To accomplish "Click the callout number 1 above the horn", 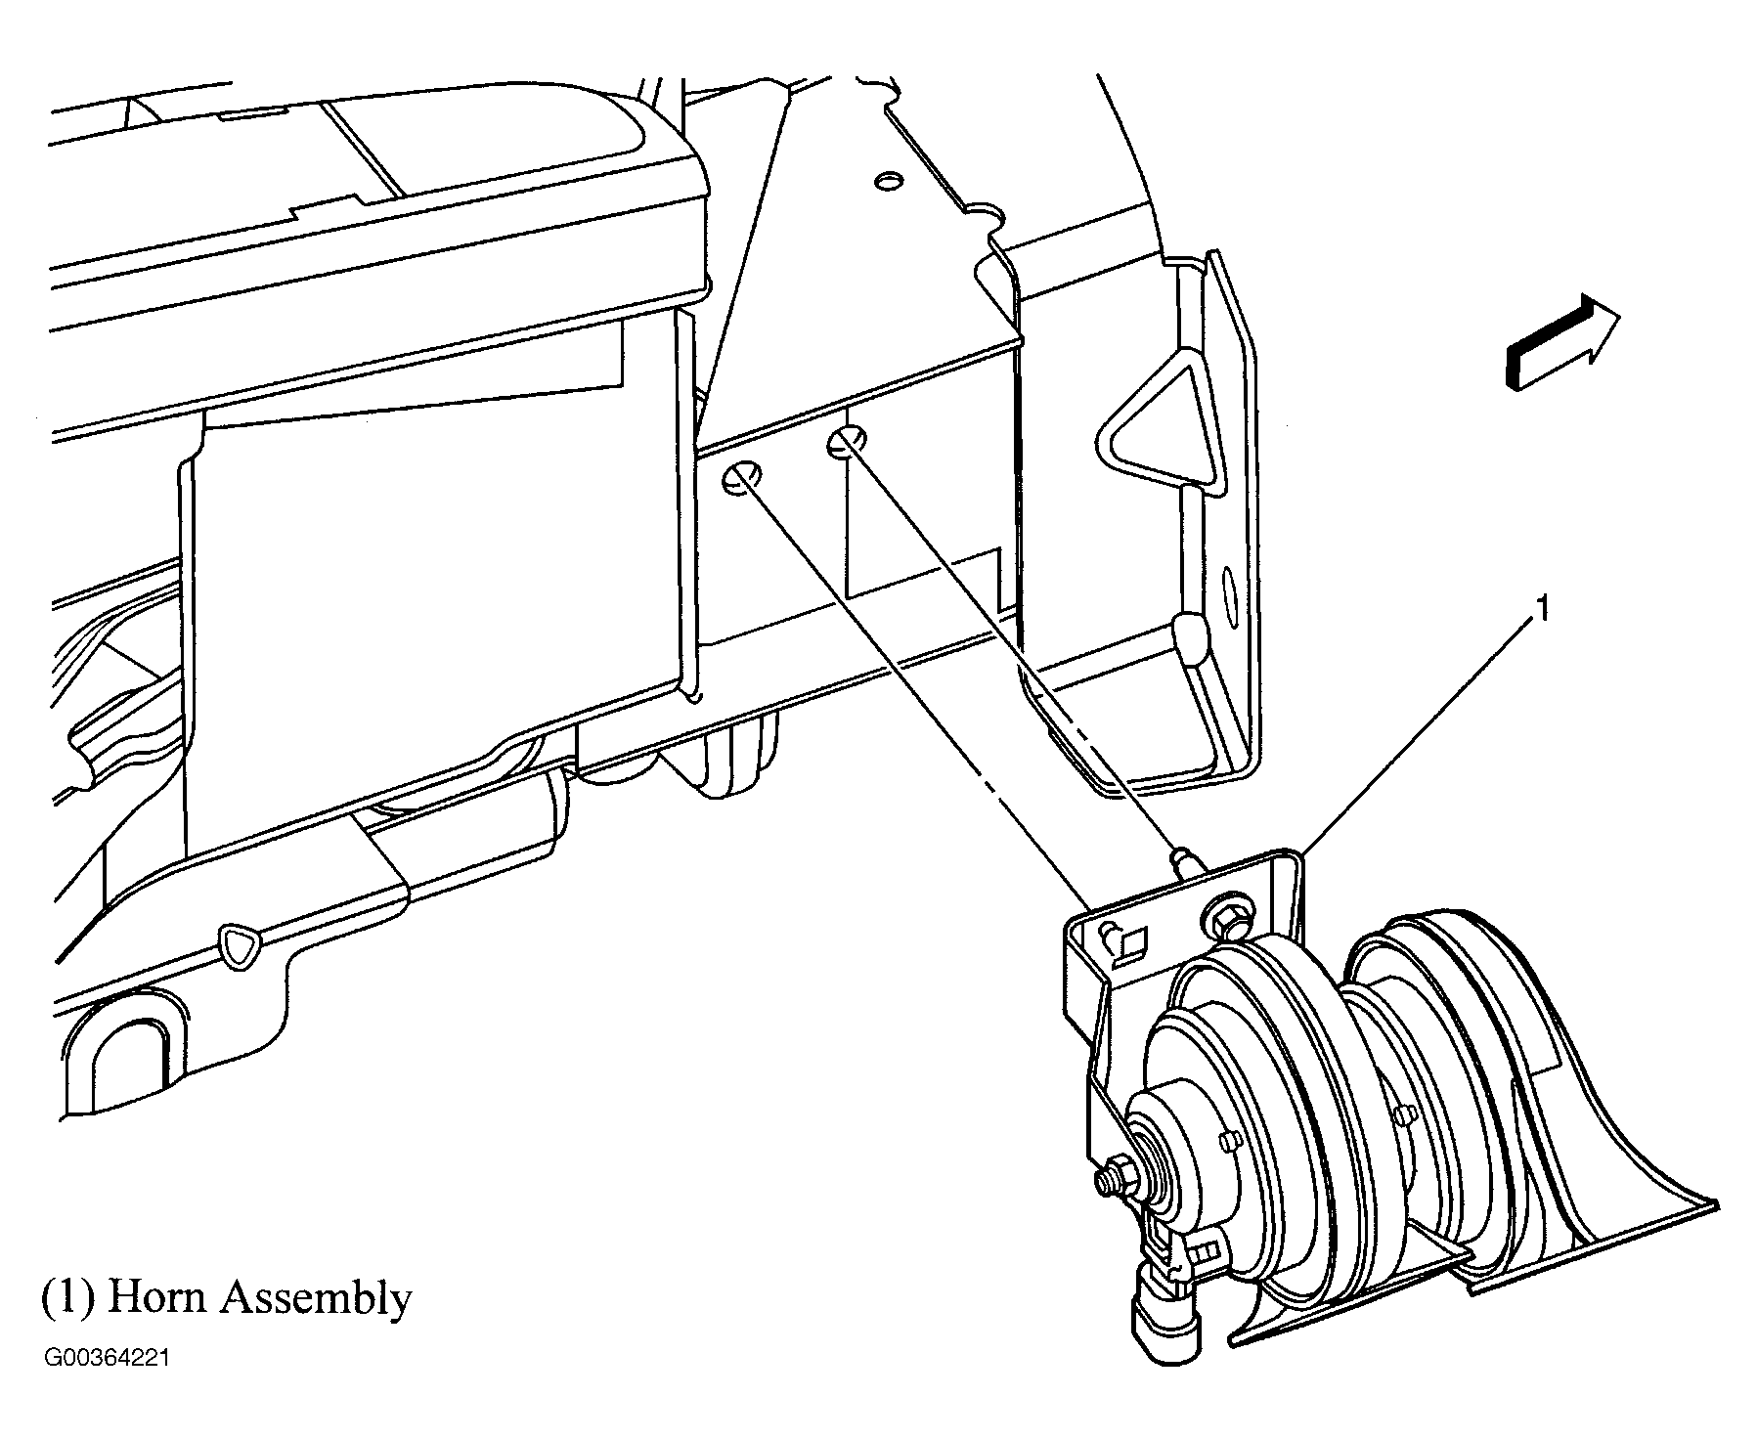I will click(x=1542, y=611).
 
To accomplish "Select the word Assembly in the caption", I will click(x=314, y=1300).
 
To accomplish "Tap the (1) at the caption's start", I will click(x=67, y=1298).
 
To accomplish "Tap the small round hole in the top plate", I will click(x=887, y=183).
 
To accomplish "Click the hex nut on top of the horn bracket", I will click(x=1220, y=918).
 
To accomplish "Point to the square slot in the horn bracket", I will click(x=1133, y=945).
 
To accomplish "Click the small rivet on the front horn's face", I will click(x=1228, y=1138).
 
